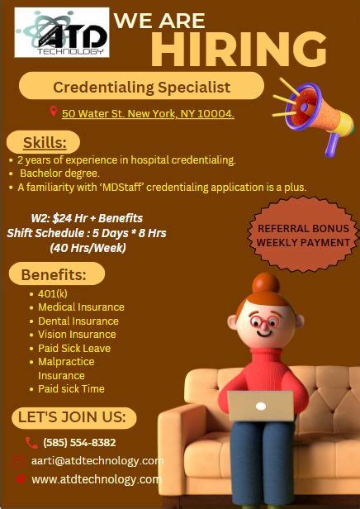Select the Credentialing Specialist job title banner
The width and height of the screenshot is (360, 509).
click(141, 86)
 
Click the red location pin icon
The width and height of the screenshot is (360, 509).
click(54, 112)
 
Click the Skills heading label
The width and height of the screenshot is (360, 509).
click(44, 142)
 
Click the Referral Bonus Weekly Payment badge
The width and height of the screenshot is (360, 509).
click(303, 235)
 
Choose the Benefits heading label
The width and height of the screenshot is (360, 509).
click(56, 274)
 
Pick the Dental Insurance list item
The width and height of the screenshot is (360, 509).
click(78, 321)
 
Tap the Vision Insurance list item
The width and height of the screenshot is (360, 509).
click(77, 335)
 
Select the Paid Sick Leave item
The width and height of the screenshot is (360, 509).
click(74, 348)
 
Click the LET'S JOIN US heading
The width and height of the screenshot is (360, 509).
click(73, 417)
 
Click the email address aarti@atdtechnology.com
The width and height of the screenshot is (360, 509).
click(97, 461)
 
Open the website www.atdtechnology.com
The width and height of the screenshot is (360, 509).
click(96, 479)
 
